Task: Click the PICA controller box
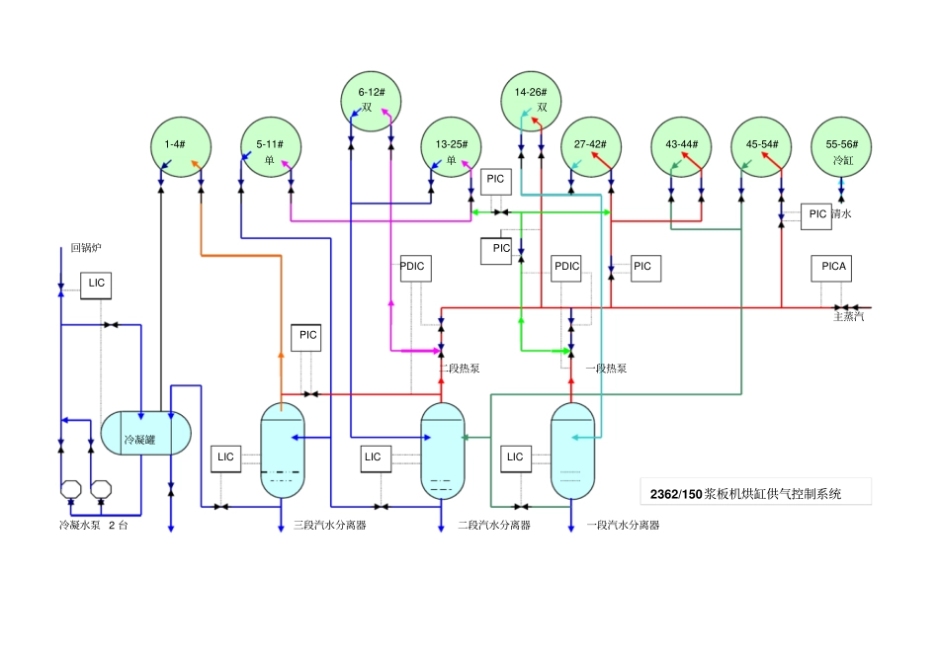point(832,268)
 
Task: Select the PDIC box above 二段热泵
point(415,269)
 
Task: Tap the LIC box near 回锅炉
point(96,286)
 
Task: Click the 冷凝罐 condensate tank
point(145,433)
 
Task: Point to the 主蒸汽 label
point(849,316)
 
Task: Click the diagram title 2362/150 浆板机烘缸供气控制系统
point(745,494)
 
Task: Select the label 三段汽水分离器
point(329,525)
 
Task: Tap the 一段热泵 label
point(606,368)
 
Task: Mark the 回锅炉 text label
point(86,247)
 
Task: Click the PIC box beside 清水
point(816,216)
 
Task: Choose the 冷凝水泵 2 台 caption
point(94,525)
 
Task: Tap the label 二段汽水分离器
point(494,525)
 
